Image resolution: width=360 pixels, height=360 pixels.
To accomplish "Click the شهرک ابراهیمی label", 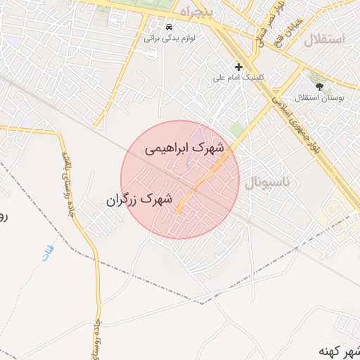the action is [x=184, y=148].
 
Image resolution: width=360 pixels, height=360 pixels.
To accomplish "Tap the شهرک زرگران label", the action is [x=140, y=200].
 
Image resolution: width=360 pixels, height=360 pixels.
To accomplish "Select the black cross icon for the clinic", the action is [x=239, y=67].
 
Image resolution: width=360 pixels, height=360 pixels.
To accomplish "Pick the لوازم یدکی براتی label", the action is [x=169, y=37].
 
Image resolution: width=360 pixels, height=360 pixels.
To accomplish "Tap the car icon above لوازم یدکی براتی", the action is [x=169, y=27].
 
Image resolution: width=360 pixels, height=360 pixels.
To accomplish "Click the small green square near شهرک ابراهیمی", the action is [x=237, y=128].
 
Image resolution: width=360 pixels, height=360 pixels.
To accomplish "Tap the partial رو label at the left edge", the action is [x=3, y=217].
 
